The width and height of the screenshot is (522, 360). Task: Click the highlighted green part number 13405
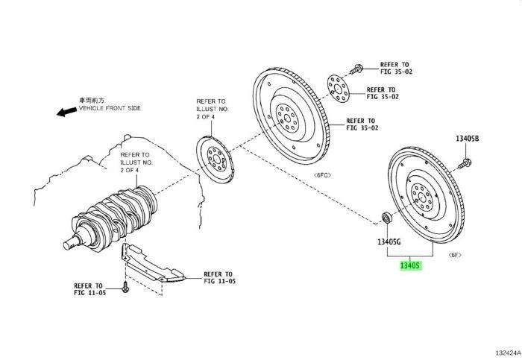(x=411, y=265)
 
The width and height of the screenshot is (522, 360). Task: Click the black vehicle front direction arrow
(x=66, y=111)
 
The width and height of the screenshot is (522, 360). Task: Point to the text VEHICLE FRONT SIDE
(x=109, y=108)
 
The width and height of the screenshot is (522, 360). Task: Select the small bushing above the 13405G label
(x=386, y=218)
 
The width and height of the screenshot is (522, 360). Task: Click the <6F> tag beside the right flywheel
(x=454, y=255)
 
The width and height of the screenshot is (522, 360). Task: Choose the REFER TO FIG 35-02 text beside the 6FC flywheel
(x=362, y=124)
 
